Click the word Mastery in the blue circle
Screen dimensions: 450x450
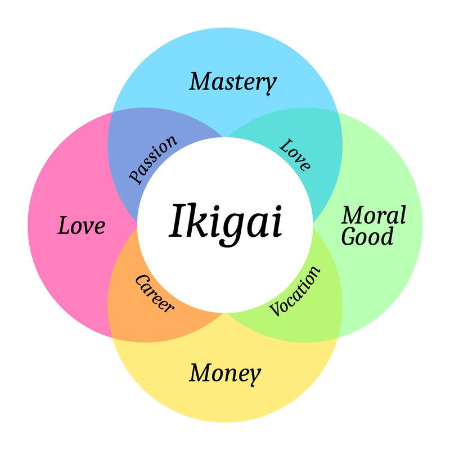233,83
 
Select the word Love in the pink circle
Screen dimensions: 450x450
82,226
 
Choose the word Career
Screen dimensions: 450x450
154,293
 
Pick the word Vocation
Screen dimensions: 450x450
295,291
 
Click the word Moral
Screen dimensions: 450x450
374,215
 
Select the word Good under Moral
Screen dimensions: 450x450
367,236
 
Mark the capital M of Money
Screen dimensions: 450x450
200,372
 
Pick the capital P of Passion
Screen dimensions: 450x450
136,175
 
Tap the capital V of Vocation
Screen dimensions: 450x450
276,308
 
